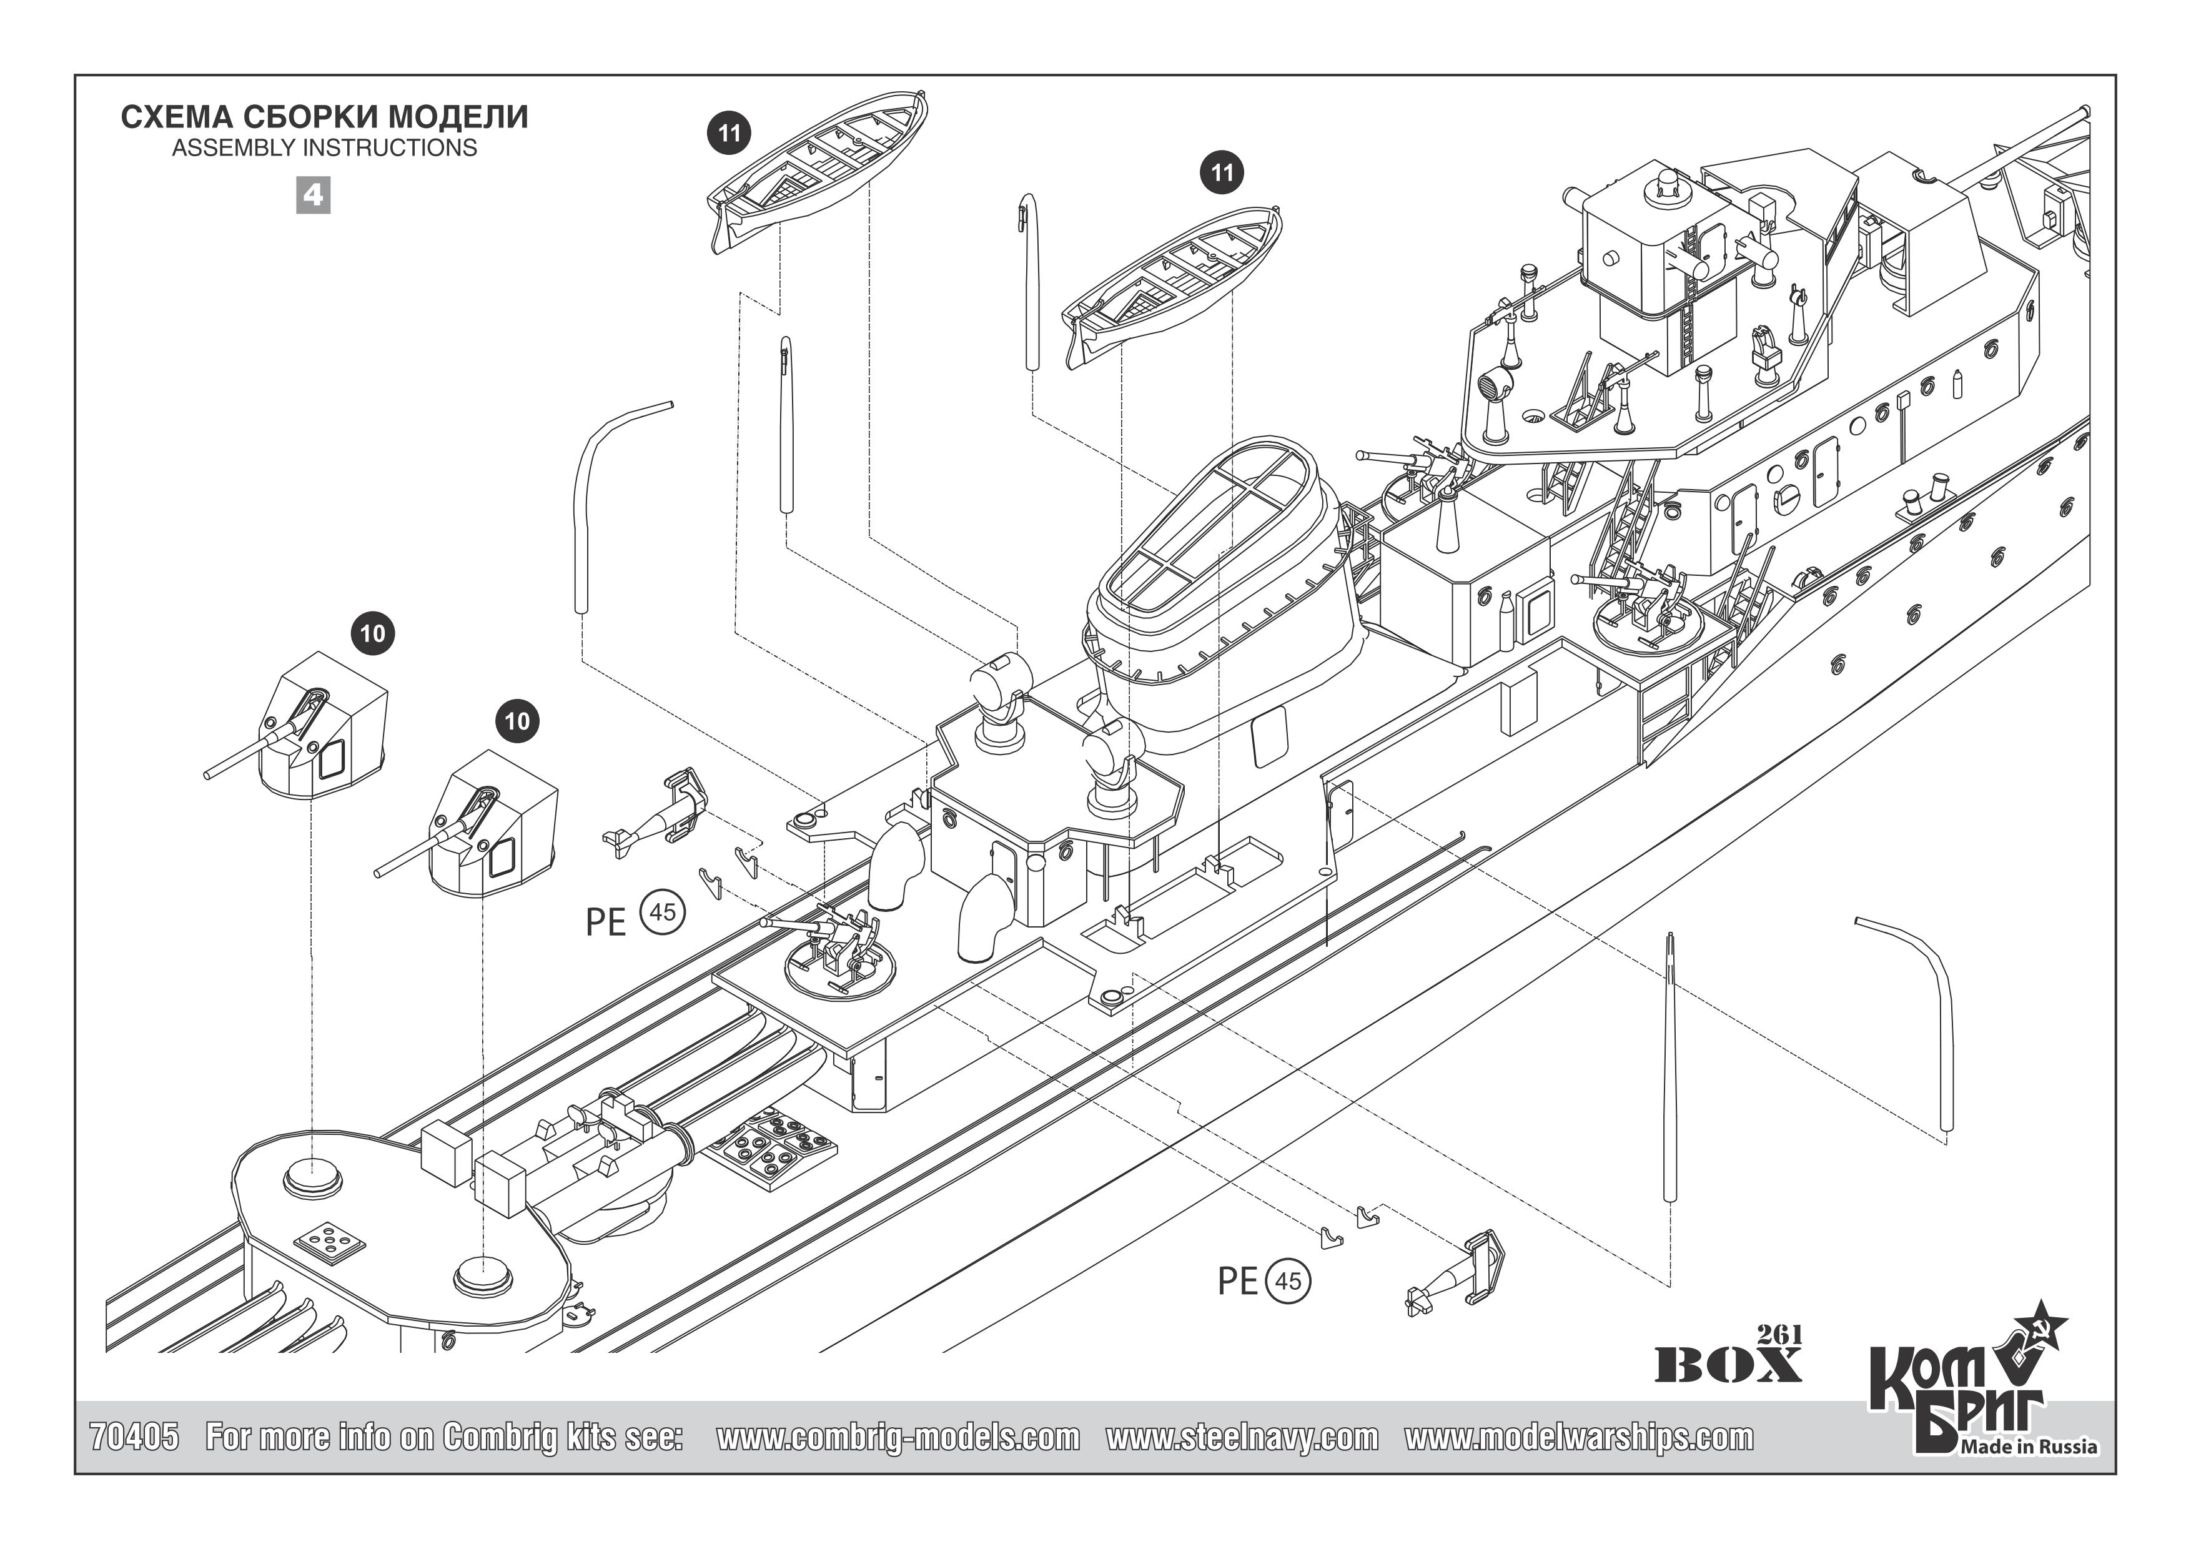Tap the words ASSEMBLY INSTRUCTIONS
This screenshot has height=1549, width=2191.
coord(324,148)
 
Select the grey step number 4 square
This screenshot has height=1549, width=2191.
coord(313,195)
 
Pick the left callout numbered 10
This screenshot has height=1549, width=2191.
coord(372,634)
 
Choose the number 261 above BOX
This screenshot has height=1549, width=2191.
coord(1779,1334)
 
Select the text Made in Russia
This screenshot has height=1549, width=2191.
coord(2029,1447)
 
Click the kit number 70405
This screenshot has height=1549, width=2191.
coord(134,1437)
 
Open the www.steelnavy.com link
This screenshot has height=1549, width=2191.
coord(1242,1437)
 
